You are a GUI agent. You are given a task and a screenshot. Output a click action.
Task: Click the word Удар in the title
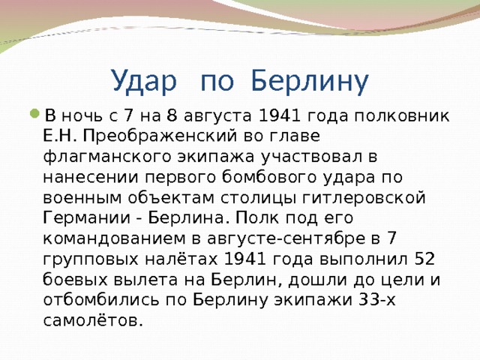point(145,81)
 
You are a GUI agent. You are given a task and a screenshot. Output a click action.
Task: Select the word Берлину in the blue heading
point(310,81)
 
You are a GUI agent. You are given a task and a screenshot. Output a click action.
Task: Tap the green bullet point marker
point(35,114)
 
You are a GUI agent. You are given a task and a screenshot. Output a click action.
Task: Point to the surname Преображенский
point(160,136)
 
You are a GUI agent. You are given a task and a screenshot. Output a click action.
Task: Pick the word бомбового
point(268,177)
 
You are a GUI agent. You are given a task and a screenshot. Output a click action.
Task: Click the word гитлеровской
point(364,198)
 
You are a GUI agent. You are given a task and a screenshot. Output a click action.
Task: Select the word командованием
point(114,238)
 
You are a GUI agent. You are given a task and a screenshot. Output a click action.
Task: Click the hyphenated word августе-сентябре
point(286,238)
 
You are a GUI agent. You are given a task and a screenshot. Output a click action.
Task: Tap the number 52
point(424,259)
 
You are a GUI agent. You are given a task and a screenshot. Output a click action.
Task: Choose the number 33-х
point(376,300)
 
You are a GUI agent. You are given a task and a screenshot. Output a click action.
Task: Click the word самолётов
point(93,320)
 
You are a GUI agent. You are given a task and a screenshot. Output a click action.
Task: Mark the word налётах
point(181,259)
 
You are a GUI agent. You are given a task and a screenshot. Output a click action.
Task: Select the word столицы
point(258,198)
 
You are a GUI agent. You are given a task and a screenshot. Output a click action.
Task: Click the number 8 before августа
point(172,116)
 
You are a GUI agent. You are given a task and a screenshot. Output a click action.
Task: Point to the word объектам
point(171,198)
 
